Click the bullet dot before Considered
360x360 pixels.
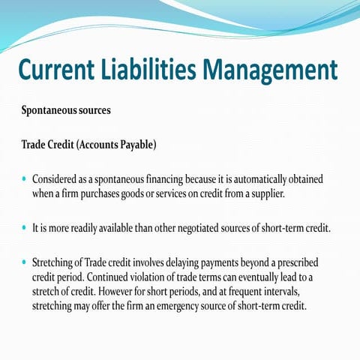point(24,181)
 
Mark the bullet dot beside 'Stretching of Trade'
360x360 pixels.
point(24,264)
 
